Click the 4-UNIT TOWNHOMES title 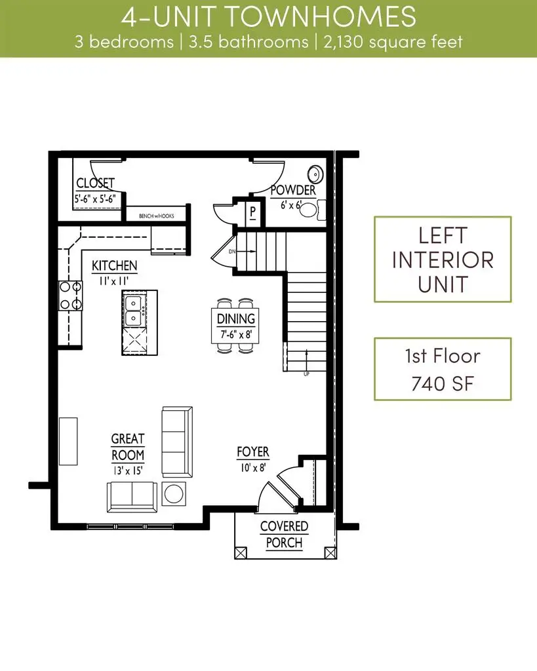[268, 16]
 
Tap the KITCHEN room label [114, 265]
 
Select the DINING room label [236, 319]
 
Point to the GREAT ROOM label [127, 447]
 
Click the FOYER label [253, 452]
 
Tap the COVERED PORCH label [284, 534]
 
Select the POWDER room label [293, 190]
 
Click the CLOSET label [95, 183]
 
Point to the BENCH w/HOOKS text [155, 215]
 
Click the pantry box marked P [252, 212]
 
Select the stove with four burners [70, 295]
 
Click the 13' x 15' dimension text [127, 470]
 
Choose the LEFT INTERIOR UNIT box [443, 259]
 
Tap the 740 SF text [443, 383]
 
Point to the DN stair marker [231, 250]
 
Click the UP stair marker [306, 374]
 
